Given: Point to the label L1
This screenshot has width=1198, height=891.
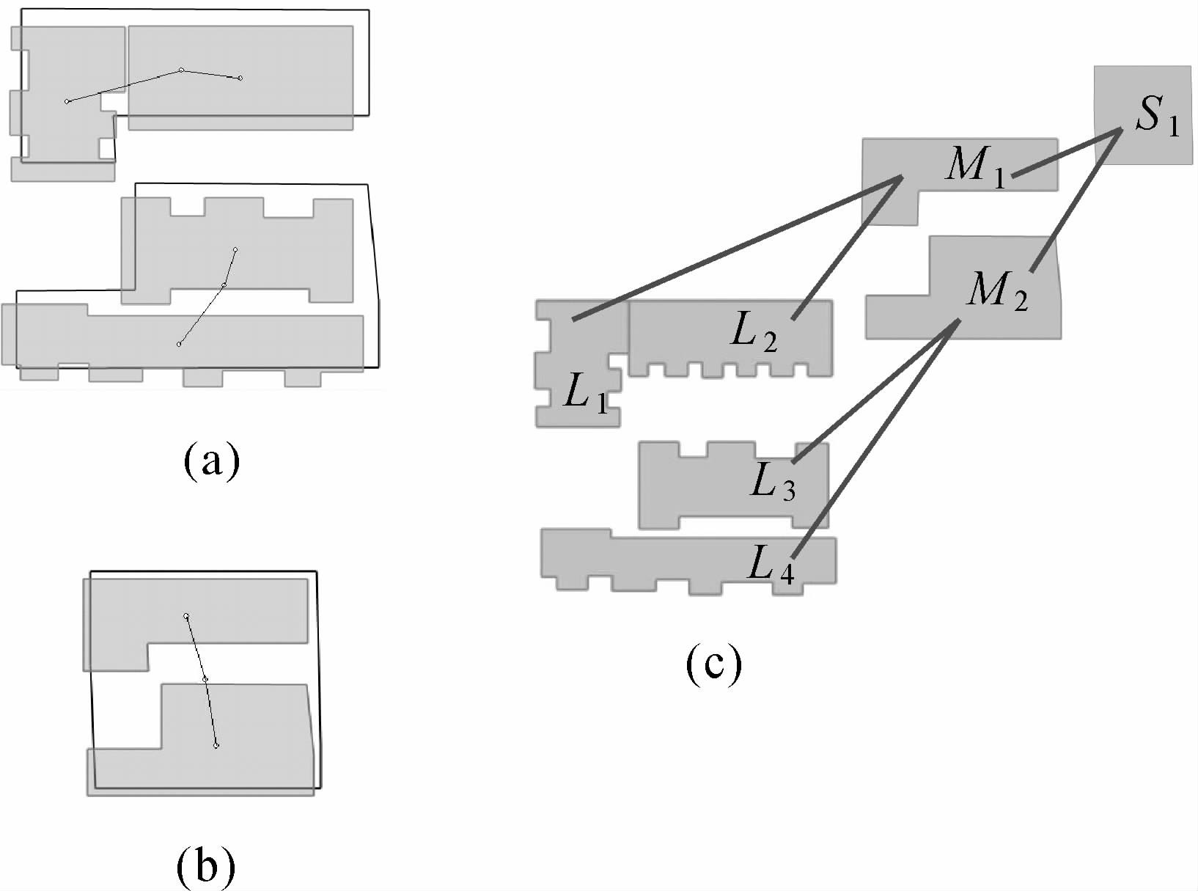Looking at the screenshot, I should [586, 397].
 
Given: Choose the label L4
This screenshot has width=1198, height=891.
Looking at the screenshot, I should [771, 565].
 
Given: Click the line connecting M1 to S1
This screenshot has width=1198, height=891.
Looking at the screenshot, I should [1067, 153].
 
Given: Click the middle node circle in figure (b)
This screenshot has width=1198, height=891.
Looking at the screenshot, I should [205, 680].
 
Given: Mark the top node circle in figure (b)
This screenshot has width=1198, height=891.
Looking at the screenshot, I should [186, 616].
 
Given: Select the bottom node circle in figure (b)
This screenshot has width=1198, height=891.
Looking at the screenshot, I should [216, 746].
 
